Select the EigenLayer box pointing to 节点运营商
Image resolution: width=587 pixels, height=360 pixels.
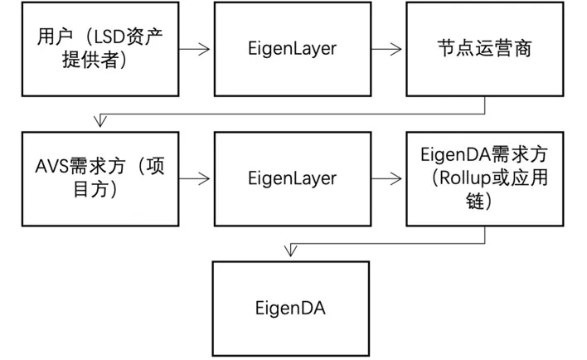click(292, 49)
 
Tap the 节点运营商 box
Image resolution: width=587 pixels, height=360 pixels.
click(483, 49)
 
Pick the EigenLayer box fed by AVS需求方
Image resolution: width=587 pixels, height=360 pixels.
click(292, 178)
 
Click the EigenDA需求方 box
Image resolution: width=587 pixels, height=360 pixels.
click(483, 178)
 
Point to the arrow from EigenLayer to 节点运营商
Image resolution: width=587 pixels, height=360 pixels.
click(387, 49)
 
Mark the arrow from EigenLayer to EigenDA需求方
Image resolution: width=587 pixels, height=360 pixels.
click(387, 178)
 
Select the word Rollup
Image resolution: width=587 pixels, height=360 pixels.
click(457, 178)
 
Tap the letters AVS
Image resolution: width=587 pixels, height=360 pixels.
click(52, 166)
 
